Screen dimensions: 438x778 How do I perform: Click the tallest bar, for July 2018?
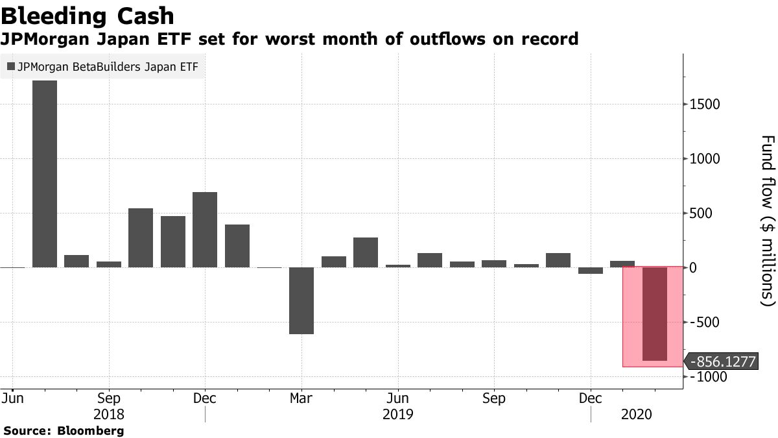45,183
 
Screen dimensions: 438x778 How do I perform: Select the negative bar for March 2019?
301,310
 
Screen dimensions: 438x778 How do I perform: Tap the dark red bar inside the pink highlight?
654,322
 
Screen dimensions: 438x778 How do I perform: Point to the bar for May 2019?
366,261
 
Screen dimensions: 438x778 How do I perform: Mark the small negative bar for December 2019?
591,289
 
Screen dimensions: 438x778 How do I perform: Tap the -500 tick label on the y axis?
704,322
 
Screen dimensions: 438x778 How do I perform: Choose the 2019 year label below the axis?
397,413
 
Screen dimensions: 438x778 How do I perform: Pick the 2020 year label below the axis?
637,413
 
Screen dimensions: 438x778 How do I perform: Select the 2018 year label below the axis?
109,413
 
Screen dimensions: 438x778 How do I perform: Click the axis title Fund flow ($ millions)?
767,221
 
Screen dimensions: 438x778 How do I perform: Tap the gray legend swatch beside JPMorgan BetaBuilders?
10,66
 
